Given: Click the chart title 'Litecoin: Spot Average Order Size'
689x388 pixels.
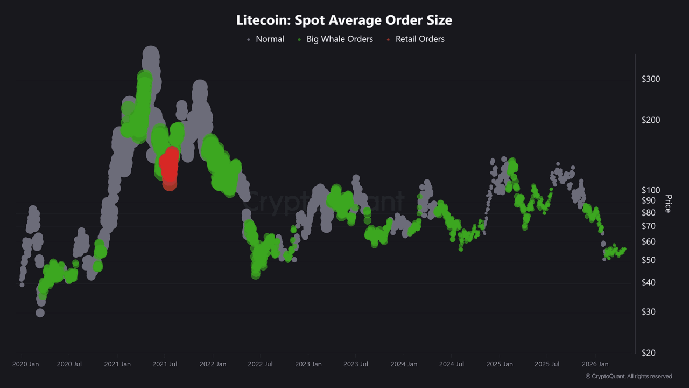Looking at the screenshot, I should [344, 20].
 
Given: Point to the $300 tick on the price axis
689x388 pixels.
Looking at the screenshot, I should [651, 79].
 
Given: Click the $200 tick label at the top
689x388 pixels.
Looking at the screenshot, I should [651, 120].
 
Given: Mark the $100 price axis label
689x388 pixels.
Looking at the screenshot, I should [651, 190].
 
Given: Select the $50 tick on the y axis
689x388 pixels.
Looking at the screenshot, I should [649, 260].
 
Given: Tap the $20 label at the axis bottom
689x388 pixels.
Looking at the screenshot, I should [649, 353].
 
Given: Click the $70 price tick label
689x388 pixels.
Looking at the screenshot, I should [649, 226].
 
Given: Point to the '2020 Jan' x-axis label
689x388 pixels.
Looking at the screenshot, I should [25, 364].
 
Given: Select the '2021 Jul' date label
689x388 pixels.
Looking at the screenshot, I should [165, 364].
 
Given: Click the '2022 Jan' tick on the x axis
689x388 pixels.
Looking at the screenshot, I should [213, 364].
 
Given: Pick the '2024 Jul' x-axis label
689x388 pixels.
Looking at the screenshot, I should [452, 364].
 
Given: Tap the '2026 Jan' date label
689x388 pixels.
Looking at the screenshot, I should [595, 364].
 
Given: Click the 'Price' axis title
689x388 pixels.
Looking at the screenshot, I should [668, 204].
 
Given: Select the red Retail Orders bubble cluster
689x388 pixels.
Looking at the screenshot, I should [170, 167].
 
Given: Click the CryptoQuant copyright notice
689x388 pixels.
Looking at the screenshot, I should [628, 376].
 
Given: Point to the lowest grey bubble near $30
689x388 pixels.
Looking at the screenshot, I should [40, 313].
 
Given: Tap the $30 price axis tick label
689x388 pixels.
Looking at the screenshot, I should [649, 312].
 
